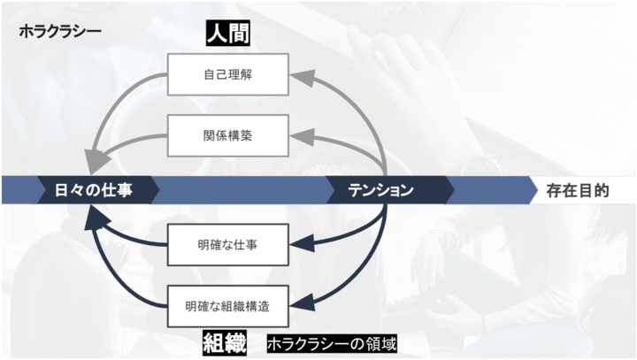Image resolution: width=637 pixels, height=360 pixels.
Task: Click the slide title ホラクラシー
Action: point(60,31)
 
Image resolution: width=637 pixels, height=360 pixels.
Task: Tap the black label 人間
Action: point(228,33)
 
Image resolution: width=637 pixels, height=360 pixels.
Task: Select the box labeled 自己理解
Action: point(228,74)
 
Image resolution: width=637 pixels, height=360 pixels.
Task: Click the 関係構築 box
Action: point(228,135)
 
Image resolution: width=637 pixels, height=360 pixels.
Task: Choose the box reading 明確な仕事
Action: point(228,245)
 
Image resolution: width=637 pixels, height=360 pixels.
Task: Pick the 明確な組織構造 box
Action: point(228,306)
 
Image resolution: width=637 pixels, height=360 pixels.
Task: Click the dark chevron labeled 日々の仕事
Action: point(98,190)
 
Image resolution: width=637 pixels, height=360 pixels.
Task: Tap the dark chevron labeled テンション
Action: point(390,190)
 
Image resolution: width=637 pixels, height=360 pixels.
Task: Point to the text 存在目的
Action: point(578,190)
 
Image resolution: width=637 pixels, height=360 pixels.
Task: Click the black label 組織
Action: point(225,343)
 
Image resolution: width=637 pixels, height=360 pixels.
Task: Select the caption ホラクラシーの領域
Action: point(332,344)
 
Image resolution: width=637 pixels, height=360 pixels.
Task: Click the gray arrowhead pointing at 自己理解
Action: point(303,77)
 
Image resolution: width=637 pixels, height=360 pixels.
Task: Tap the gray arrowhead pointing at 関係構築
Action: point(303,136)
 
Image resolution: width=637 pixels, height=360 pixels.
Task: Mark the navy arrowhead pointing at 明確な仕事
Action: point(303,243)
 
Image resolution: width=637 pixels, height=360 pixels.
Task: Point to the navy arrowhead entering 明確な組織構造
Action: point(303,303)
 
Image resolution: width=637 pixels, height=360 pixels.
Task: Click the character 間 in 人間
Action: point(239,33)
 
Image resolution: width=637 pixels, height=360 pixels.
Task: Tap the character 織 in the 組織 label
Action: point(235,343)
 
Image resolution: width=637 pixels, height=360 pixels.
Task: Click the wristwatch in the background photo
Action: point(480,166)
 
